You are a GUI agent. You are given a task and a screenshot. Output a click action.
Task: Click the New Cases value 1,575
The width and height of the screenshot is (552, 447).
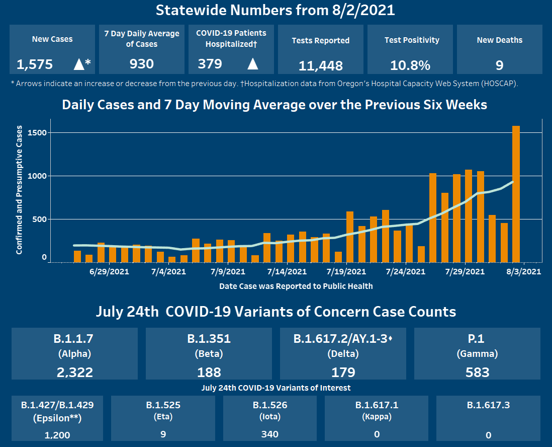point(35,64)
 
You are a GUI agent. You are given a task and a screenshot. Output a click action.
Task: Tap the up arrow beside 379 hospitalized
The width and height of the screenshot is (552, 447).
point(253,64)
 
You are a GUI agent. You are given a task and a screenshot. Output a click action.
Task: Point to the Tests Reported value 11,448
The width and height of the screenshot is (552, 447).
point(321,65)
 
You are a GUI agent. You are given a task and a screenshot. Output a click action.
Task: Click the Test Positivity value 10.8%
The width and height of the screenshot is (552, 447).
point(410,65)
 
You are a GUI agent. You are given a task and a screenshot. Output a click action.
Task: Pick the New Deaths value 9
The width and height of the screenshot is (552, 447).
point(499,65)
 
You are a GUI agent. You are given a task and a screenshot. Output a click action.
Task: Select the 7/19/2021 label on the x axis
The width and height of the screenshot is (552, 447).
point(346,272)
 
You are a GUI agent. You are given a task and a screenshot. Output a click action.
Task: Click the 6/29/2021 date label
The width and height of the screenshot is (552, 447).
point(109,272)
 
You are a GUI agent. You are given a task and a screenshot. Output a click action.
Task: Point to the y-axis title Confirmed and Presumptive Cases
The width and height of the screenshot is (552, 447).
point(20,190)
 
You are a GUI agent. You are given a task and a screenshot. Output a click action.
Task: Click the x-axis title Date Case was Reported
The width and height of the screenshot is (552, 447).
point(296,286)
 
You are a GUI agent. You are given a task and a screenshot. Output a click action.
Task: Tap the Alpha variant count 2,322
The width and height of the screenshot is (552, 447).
point(74,372)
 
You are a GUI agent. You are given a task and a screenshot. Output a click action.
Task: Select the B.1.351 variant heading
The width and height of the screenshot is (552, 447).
point(209,339)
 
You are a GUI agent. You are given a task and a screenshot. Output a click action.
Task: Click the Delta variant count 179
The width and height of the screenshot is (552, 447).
point(343,372)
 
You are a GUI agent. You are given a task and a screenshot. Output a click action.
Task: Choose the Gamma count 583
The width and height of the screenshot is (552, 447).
point(477,372)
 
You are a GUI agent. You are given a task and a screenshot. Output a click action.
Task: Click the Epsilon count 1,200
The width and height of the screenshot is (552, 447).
point(57,435)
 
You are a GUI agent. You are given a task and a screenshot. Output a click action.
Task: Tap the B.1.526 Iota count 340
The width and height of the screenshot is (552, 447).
point(270,434)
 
